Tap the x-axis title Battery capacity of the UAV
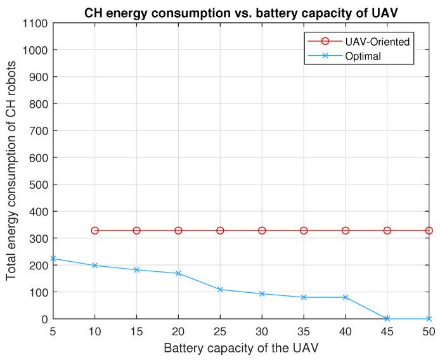[x=241, y=348]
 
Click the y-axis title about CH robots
[x=11, y=171]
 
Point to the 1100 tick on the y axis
[x=36, y=23]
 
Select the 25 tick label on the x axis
[x=220, y=331]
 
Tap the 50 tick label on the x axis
[x=429, y=331]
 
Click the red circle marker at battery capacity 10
[x=95, y=231]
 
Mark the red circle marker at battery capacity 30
[x=262, y=231]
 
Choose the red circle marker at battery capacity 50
[x=429, y=231]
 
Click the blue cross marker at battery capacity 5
[x=53, y=259]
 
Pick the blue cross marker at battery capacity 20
[x=178, y=273]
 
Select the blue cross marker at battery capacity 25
[x=220, y=290]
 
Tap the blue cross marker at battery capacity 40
[x=346, y=297]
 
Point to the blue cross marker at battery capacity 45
[x=387, y=319]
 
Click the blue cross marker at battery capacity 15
[x=137, y=270]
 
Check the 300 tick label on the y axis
[x=39, y=238]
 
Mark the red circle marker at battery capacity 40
[x=346, y=231]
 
